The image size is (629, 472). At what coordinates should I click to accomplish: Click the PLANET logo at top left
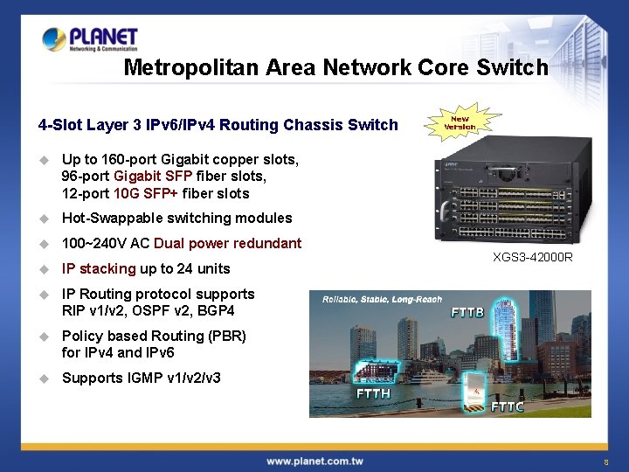tap(90, 39)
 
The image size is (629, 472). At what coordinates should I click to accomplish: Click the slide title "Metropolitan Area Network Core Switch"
tap(335, 67)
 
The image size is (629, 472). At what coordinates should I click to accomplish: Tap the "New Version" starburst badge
tap(460, 122)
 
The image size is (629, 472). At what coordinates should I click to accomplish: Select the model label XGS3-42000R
tap(533, 257)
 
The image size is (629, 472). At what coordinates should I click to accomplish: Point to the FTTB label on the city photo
tap(467, 312)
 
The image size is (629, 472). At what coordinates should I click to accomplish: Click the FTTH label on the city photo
tap(373, 393)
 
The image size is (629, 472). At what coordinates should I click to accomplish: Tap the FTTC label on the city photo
tap(507, 406)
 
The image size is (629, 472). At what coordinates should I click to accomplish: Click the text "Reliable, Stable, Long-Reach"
tap(382, 300)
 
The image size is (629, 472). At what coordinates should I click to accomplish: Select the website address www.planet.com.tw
tap(314, 461)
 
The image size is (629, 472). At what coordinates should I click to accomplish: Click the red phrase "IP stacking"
tap(99, 268)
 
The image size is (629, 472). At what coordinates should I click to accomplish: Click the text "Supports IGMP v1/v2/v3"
tap(141, 378)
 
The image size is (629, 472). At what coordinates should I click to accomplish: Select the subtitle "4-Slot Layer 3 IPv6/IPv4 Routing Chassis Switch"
tap(218, 124)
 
